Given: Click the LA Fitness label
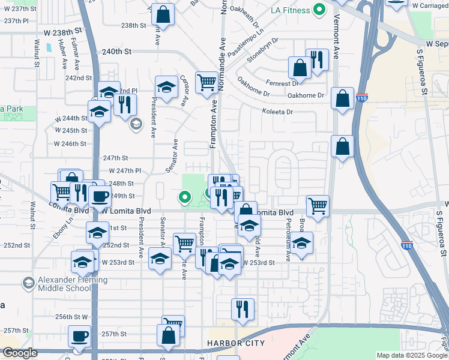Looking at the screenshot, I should [290, 10].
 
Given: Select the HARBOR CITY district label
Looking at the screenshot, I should [235, 343].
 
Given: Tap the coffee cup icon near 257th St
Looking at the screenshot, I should [79, 336].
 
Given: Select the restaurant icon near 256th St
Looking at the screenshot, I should [243, 309].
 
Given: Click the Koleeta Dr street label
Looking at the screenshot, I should [277, 112].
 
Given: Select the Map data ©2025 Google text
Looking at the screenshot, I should [411, 355].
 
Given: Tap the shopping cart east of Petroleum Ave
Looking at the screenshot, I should [317, 206].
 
